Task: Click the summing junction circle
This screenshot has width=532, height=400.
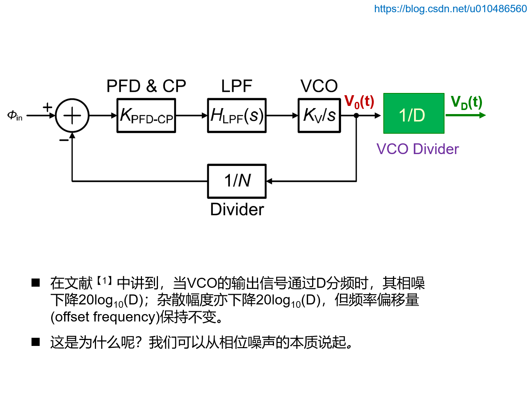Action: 72,116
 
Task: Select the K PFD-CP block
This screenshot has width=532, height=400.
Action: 146,116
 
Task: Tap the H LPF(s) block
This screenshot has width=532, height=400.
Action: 237,116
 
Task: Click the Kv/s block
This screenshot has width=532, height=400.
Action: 319,116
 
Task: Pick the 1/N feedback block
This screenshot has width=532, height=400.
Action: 237,181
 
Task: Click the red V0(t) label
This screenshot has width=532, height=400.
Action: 359,101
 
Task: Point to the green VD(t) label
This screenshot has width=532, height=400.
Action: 466,102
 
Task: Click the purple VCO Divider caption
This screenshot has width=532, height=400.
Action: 417,149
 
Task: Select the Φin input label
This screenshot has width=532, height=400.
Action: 15,116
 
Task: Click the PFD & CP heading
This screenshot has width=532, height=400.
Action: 146,86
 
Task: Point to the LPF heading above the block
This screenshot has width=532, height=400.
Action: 237,86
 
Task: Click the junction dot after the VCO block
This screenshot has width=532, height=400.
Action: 356,116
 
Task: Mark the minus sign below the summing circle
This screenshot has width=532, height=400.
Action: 64,140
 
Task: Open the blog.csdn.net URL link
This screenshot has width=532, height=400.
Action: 450,9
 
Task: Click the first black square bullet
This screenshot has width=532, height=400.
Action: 36,283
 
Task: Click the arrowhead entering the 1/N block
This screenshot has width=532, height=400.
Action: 270,181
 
